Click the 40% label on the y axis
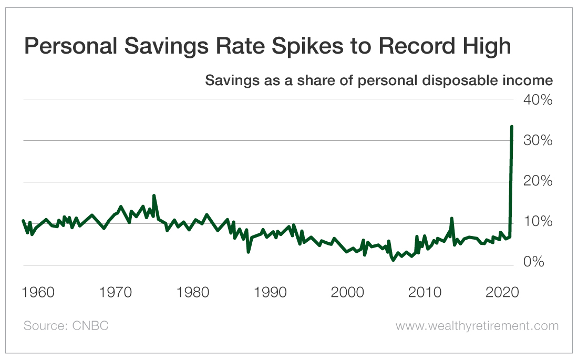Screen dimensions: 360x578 (x=537, y=99)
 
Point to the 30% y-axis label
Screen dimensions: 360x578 (x=537, y=140)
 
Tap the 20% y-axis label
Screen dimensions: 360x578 (x=537, y=181)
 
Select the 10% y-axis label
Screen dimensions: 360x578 (x=537, y=222)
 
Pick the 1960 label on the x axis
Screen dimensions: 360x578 (x=39, y=292)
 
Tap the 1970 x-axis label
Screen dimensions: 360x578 (x=116, y=292)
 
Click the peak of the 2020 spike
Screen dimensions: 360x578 (x=512, y=127)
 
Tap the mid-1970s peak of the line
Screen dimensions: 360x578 (x=154, y=196)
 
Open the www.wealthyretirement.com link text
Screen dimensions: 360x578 (x=477, y=326)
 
